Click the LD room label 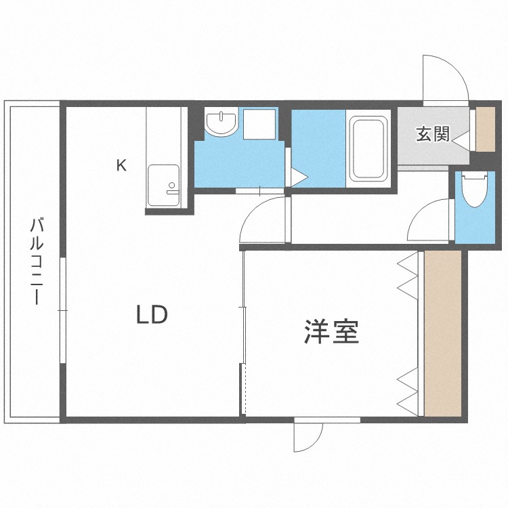[x=151, y=315]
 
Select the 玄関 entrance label [x=432, y=134]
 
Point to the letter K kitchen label [x=121, y=165]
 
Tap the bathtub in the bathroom [x=368, y=150]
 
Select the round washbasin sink [x=221, y=123]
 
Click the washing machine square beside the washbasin [x=259, y=123]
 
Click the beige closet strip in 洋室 [x=442, y=333]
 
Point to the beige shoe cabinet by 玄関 [x=485, y=129]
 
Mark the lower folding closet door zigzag [x=407, y=391]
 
